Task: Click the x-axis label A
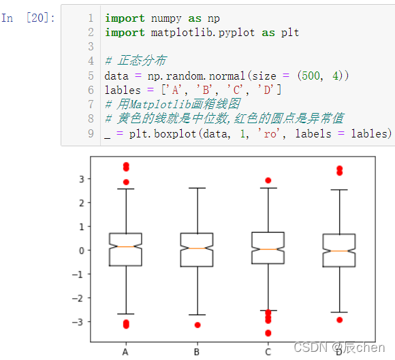[x=125, y=352]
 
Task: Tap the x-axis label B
[x=197, y=352]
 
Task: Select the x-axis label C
[x=268, y=352]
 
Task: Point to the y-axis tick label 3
[x=81, y=179]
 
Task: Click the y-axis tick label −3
[x=78, y=322]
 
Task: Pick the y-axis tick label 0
[x=81, y=250]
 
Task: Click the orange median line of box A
[x=126, y=247]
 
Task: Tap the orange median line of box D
[x=339, y=251]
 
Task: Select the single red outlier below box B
[x=197, y=325]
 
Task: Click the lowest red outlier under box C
[x=268, y=333]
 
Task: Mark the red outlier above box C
[x=268, y=180]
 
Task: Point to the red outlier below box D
[x=340, y=320]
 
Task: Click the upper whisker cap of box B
[x=197, y=188]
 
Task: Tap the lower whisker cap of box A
[x=126, y=314]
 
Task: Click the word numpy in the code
[x=166, y=18]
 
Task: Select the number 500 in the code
[x=311, y=76]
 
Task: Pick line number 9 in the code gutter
[x=91, y=133]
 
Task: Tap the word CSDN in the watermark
[x=311, y=347]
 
